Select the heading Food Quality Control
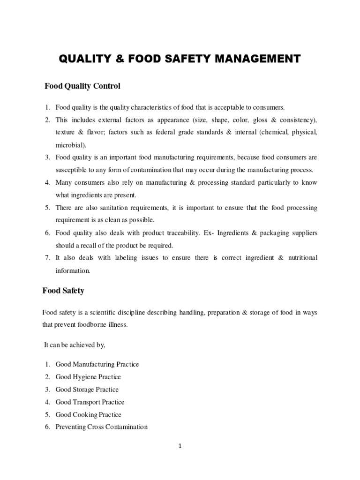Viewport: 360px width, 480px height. (x=82, y=86)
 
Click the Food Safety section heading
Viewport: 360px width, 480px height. (x=63, y=291)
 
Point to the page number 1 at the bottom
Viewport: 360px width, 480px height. (x=180, y=446)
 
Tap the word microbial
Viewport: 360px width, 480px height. (x=71, y=145)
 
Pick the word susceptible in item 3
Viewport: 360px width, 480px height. (x=71, y=170)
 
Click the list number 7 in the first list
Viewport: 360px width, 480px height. (x=47, y=258)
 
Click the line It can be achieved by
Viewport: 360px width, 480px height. (x=75, y=345)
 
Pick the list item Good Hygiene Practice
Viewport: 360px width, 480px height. (x=88, y=377)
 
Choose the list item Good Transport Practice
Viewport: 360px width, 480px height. (x=90, y=402)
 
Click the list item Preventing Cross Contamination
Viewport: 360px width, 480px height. (x=101, y=427)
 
